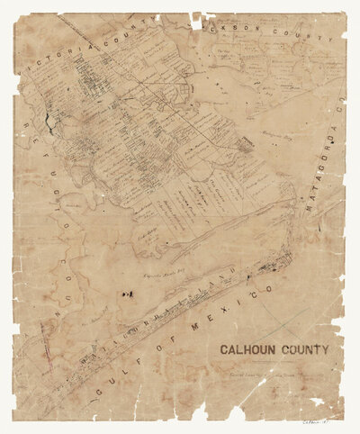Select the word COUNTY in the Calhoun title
pyautogui.click(x=305, y=349)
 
